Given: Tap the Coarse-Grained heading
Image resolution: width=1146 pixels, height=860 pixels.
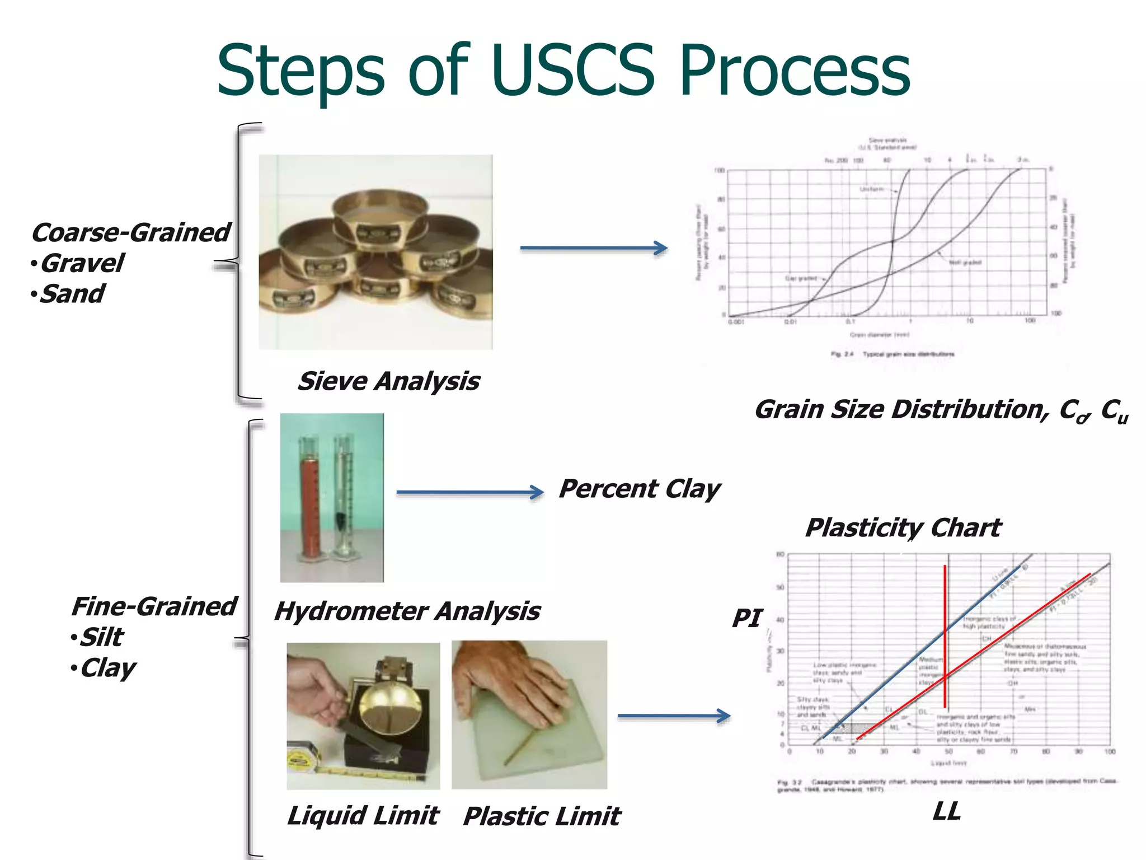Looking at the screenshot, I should (130, 232).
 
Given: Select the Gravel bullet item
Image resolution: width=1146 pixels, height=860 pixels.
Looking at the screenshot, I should (82, 263).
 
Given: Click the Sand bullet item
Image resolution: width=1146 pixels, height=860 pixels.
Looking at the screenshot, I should (72, 294).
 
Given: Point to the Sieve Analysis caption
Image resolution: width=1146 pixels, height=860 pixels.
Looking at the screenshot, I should (388, 381).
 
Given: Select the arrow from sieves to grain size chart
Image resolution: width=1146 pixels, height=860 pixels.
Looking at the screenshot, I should (593, 248).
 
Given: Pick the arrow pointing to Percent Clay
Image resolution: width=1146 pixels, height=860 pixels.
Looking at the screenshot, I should (469, 492).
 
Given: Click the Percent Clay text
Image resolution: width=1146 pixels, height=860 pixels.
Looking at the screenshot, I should (639, 489).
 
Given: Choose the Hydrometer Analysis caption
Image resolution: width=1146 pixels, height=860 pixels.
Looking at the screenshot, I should (407, 611).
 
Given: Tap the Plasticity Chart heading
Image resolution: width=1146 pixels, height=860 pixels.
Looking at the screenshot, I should (903, 527).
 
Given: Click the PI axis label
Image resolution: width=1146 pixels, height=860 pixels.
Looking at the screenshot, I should (747, 618).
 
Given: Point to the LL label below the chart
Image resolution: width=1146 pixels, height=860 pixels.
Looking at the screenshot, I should (946, 811).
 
